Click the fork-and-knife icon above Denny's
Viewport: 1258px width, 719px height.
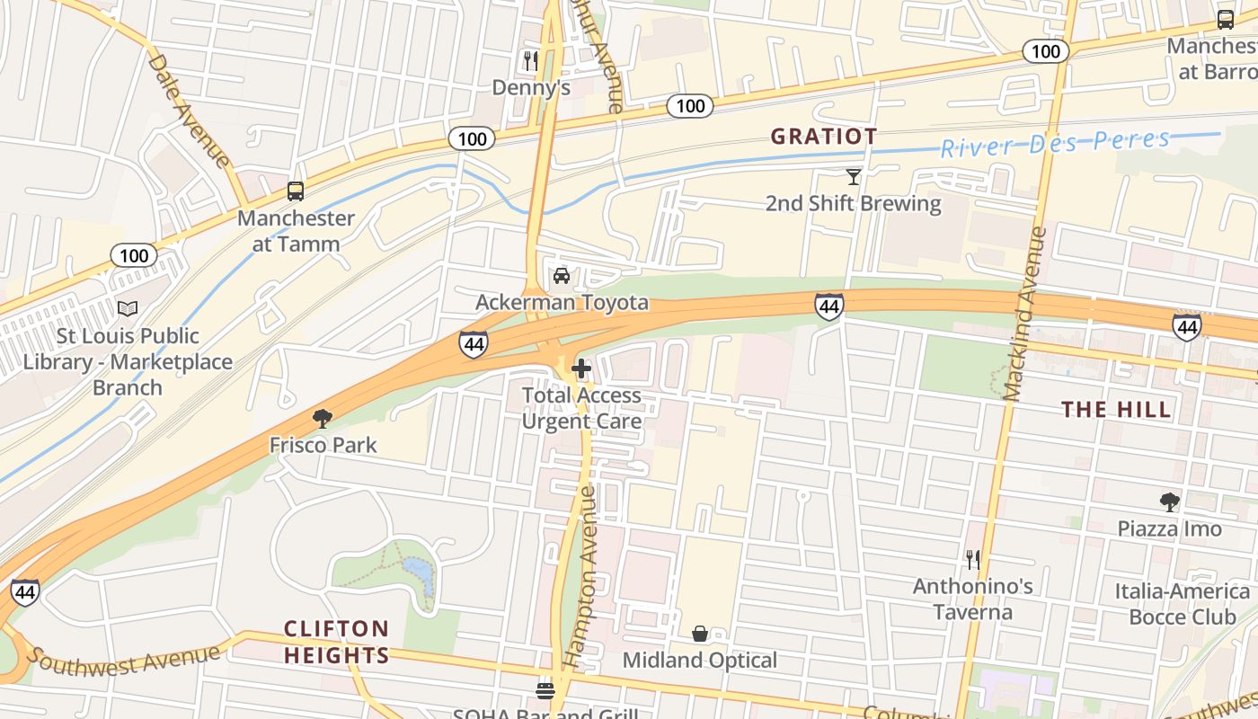531,60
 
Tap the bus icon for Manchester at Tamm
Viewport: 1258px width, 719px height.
296,191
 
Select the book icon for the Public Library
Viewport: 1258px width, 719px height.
128,309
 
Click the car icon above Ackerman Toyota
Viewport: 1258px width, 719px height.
562,276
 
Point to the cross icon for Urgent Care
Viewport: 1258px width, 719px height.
581,368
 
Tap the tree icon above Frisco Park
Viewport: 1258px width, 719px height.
323,418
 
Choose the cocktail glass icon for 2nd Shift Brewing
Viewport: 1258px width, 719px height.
853,177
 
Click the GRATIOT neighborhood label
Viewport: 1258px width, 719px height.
824,137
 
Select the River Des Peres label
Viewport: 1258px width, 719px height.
1056,143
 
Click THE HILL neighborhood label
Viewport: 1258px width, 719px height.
1117,410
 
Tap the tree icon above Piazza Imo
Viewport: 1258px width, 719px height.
1169,502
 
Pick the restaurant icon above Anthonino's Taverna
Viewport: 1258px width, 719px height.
973,560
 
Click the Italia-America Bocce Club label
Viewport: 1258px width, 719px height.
1182,604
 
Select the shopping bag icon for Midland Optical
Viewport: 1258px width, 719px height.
700,634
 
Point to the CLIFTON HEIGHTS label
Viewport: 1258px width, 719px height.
337,642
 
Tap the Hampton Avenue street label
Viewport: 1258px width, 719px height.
580,576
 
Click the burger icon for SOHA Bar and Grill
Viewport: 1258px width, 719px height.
545,690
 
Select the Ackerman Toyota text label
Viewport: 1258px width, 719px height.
562,302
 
